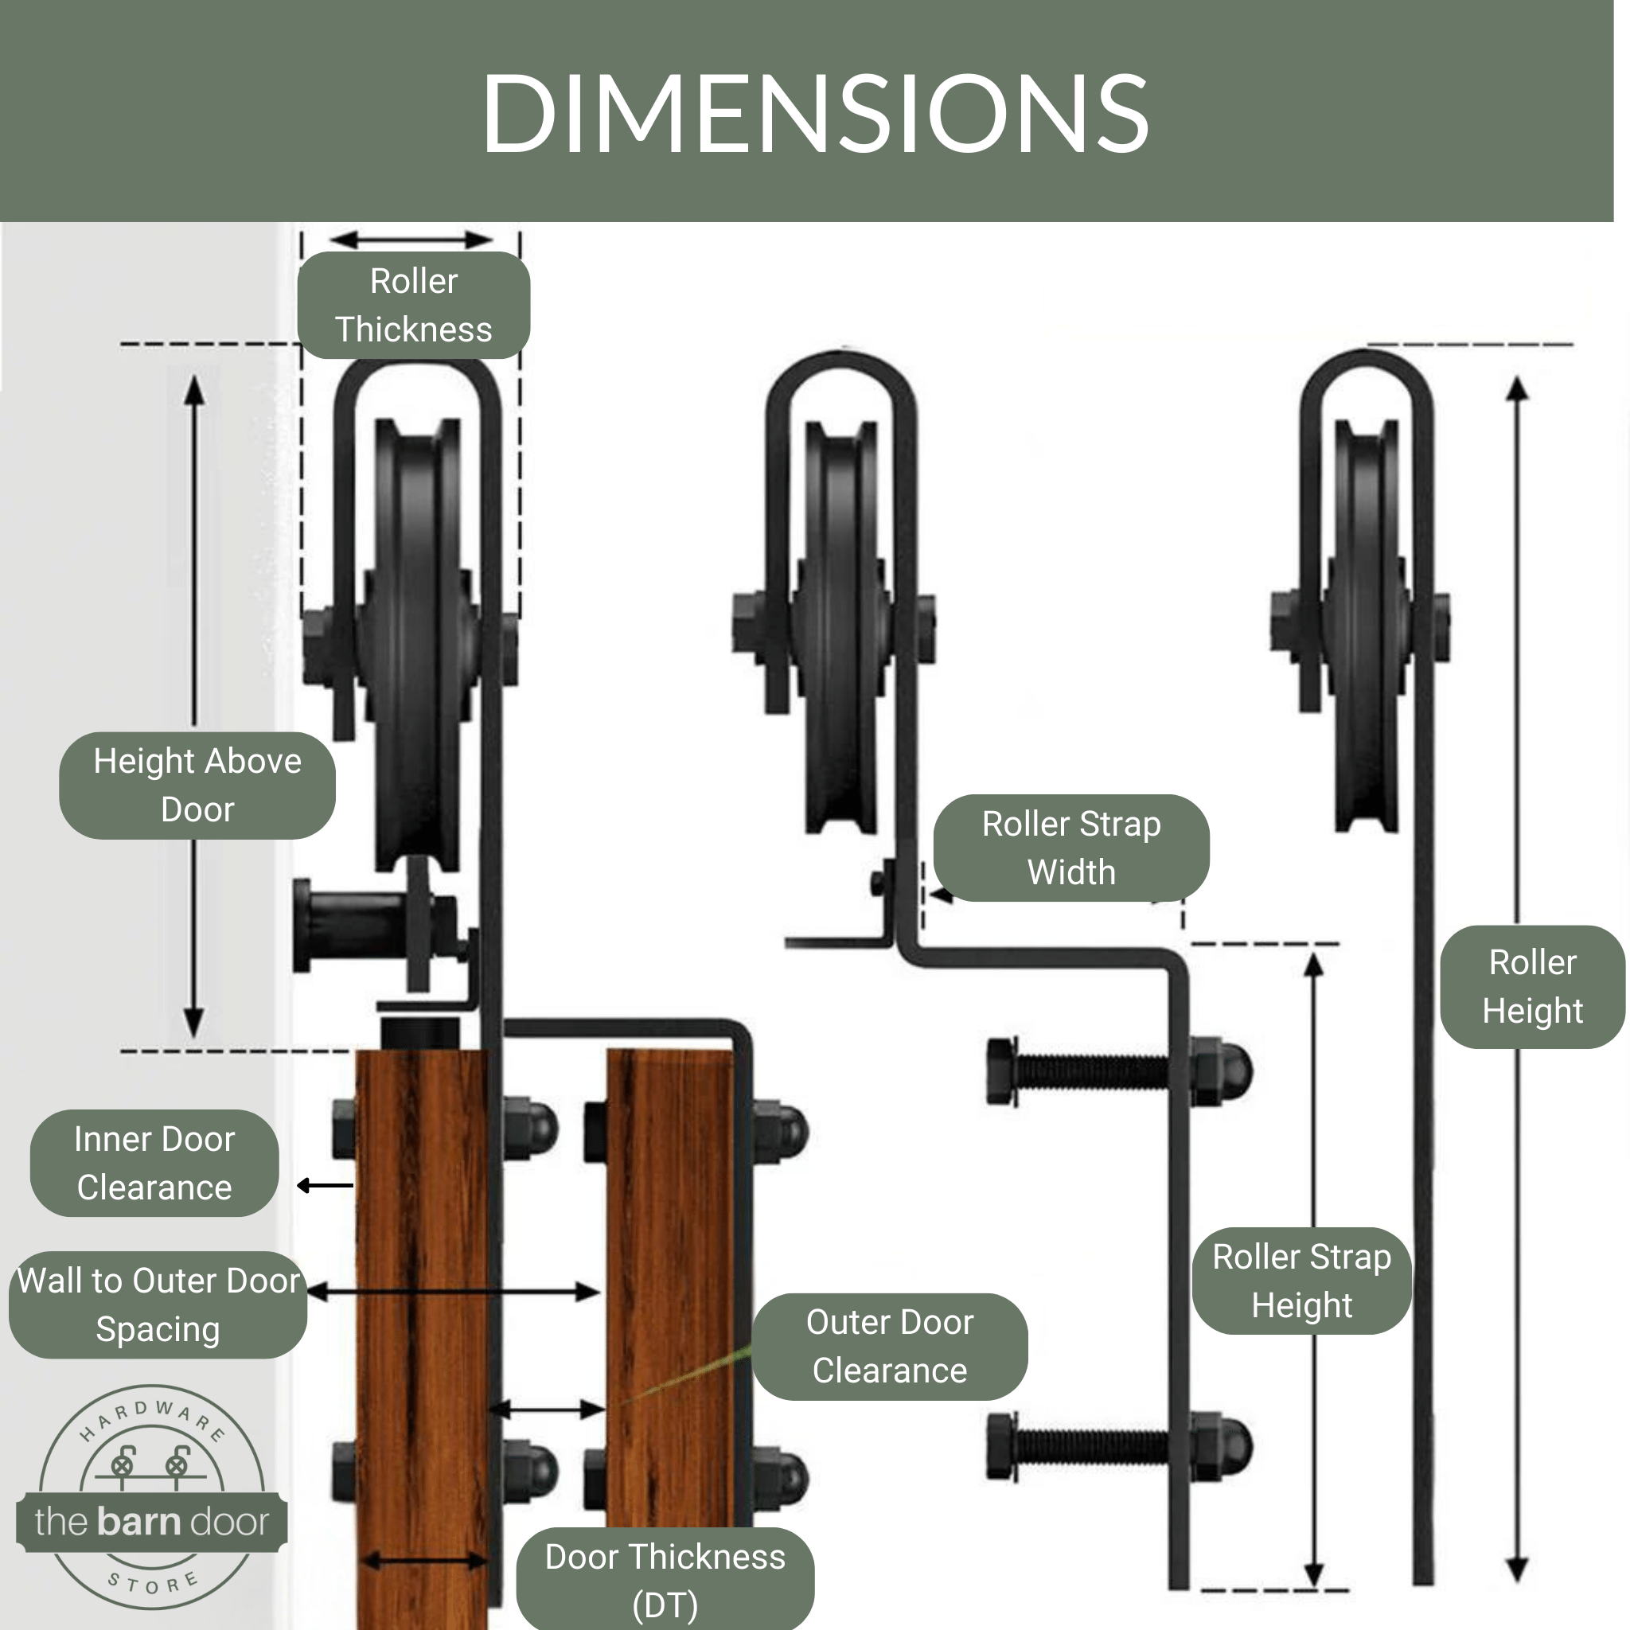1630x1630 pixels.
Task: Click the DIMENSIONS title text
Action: point(814,114)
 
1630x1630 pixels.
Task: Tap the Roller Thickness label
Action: point(413,306)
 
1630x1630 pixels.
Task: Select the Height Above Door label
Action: point(197,786)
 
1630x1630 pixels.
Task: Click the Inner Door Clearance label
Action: point(154,1164)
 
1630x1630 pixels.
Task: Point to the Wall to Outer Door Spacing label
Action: point(158,1305)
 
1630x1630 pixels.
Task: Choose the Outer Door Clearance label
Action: point(889,1347)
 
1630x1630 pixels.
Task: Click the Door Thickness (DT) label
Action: point(665,1580)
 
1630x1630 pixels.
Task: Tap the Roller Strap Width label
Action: point(1070,848)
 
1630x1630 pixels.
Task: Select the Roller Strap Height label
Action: point(1301,1281)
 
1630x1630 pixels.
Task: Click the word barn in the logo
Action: point(138,1521)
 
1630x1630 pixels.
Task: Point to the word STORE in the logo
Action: point(154,1585)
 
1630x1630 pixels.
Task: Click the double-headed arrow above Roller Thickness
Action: point(411,240)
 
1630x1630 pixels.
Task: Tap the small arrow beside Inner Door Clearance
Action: point(326,1186)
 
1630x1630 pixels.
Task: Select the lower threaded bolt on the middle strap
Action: point(1088,1448)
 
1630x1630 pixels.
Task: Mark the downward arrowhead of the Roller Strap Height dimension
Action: point(1312,1574)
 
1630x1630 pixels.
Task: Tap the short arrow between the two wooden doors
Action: point(547,1408)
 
